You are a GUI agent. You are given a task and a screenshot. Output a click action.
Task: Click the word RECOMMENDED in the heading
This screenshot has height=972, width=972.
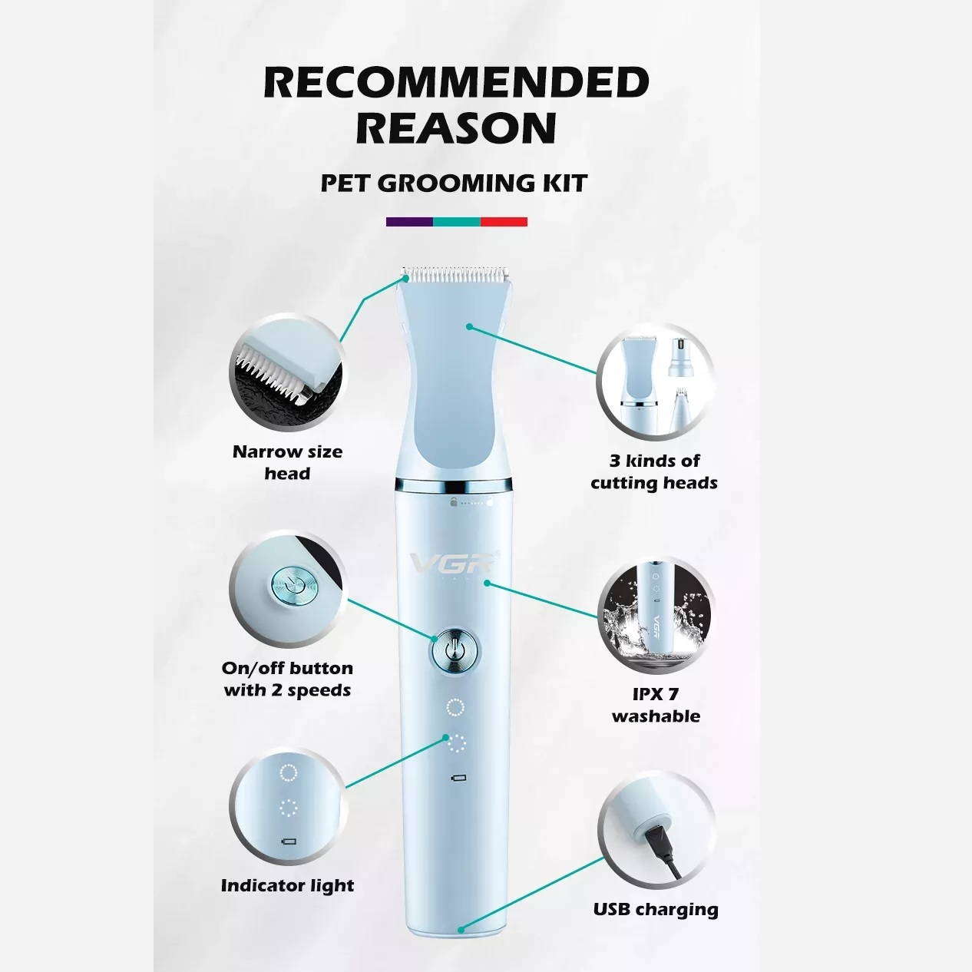pyautogui.click(x=457, y=82)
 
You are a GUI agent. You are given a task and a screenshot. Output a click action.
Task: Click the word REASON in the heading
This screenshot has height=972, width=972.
pyautogui.click(x=457, y=128)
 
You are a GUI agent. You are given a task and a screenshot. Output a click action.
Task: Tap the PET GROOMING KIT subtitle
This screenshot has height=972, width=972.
pyautogui.click(x=454, y=183)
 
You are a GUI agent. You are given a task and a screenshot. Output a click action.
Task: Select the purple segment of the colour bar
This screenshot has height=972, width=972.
pyautogui.click(x=409, y=222)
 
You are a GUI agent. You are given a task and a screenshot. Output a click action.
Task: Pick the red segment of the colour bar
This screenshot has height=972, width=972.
pyautogui.click(x=504, y=222)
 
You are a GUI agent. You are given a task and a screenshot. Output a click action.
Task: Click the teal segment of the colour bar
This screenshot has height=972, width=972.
pyautogui.click(x=457, y=222)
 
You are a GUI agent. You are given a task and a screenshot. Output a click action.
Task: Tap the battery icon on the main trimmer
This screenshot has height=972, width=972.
pyautogui.click(x=458, y=778)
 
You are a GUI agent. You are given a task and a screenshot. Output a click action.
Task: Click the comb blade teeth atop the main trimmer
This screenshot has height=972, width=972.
pyautogui.click(x=455, y=275)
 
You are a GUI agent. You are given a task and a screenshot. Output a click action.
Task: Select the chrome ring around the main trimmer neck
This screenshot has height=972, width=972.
pyautogui.click(x=454, y=485)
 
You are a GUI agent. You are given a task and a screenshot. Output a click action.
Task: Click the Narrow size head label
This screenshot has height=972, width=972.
pyautogui.click(x=287, y=462)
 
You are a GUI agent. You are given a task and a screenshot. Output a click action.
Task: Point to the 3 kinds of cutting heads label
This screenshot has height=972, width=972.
pyautogui.click(x=654, y=471)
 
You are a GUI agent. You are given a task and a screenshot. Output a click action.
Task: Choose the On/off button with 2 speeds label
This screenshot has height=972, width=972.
pyautogui.click(x=287, y=679)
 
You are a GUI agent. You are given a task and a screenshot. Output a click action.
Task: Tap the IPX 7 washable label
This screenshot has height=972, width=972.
pyautogui.click(x=656, y=705)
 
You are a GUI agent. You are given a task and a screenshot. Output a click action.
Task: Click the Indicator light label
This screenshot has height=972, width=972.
pyautogui.click(x=287, y=885)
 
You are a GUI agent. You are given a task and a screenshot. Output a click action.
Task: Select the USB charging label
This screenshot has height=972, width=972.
pyautogui.click(x=656, y=910)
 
